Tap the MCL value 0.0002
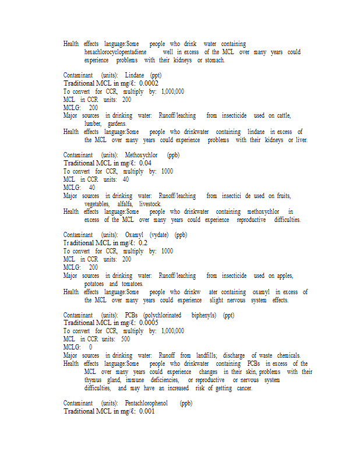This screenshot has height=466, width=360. click(x=149, y=83)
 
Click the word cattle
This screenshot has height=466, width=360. click(x=283, y=115)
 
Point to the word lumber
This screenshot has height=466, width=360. click(x=93, y=123)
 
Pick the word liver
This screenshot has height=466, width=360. click(x=301, y=140)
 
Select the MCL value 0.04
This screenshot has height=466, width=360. click(x=145, y=163)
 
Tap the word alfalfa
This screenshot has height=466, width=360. click(x=125, y=204)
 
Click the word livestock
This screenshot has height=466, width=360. click(x=150, y=204)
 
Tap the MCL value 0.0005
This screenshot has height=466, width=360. click(x=149, y=323)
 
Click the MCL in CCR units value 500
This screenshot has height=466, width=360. click(x=125, y=338)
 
